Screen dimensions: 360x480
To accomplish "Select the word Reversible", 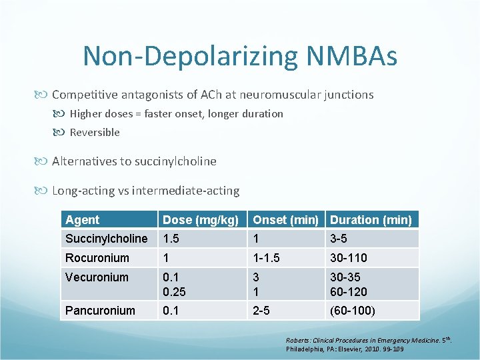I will pyautogui.click(x=95, y=132).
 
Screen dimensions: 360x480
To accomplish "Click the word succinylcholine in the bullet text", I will pyautogui.click(x=176, y=161).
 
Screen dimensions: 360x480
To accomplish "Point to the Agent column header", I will pyautogui.click(x=83, y=219).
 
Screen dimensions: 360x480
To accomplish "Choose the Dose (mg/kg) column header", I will pyautogui.click(x=201, y=219).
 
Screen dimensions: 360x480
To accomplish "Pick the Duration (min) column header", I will pyautogui.click(x=371, y=219).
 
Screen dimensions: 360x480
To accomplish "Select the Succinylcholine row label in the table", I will pyautogui.click(x=107, y=239).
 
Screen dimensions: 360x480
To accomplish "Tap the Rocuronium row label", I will pyautogui.click(x=97, y=257).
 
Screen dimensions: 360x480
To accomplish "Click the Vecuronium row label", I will pyautogui.click(x=97, y=277).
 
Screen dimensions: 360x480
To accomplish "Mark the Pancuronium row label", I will pyautogui.click(x=100, y=310).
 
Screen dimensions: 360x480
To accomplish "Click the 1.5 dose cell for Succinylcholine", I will pyautogui.click(x=171, y=239).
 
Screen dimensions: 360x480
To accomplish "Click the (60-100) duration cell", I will pyautogui.click(x=353, y=310).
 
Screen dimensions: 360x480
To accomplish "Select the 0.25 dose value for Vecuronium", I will pyautogui.click(x=175, y=291).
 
